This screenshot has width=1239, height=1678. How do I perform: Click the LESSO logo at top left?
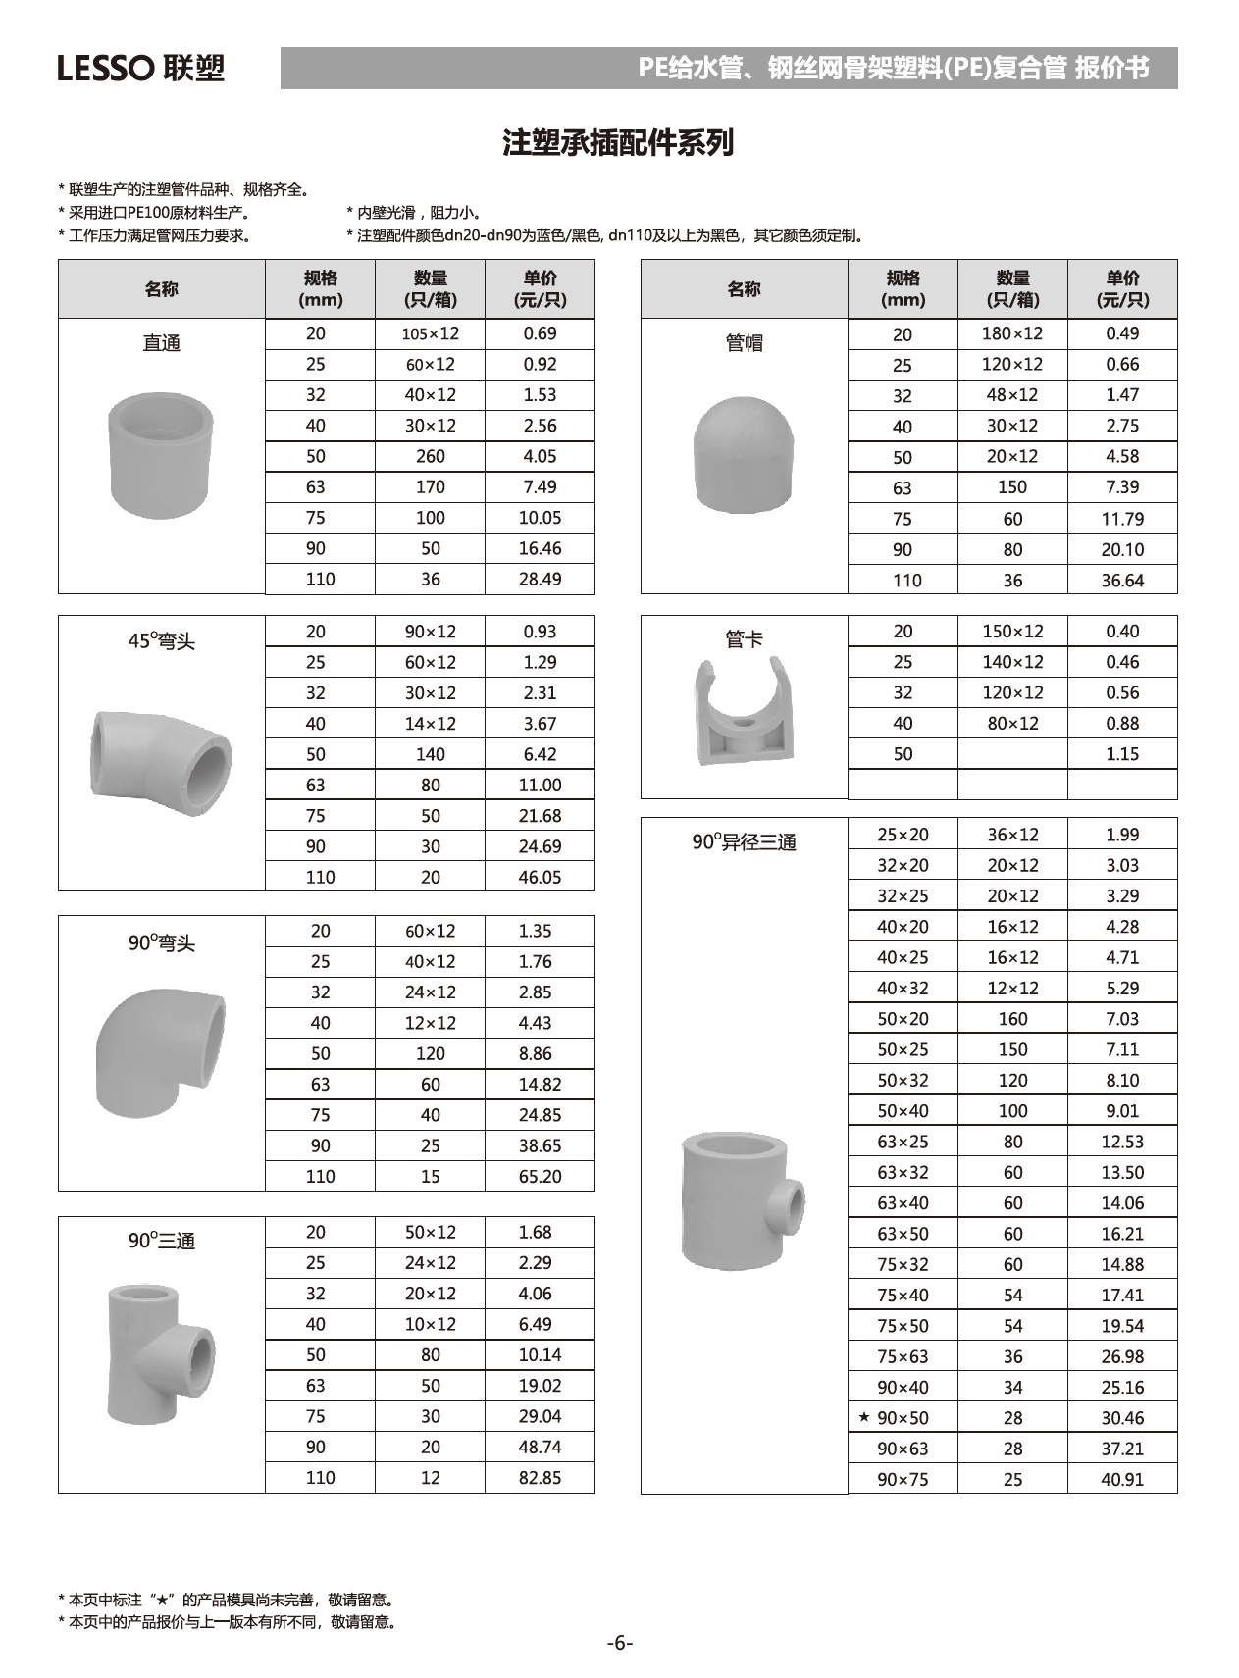140,68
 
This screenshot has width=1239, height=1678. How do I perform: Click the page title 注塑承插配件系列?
618,143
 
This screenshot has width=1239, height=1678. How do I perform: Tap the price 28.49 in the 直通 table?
540,579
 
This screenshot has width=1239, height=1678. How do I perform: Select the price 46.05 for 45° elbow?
540,877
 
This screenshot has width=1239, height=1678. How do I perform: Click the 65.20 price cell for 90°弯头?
540,1176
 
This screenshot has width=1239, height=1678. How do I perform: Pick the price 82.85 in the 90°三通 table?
540,1477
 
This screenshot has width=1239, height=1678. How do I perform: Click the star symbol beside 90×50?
863,1417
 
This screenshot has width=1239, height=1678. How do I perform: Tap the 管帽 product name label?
744,343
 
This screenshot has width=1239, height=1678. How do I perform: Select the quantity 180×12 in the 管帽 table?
1012,333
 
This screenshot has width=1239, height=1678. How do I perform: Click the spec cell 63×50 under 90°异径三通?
903,1234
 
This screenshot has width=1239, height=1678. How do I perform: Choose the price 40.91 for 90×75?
1122,1479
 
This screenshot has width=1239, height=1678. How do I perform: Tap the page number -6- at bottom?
619,1642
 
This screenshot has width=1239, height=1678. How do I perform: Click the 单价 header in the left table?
540,289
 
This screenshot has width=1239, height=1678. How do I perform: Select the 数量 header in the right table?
1012,289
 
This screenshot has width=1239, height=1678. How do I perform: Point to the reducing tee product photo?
742,1198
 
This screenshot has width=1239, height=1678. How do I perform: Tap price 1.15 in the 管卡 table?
1122,754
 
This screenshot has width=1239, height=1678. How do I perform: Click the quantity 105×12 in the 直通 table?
430,333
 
